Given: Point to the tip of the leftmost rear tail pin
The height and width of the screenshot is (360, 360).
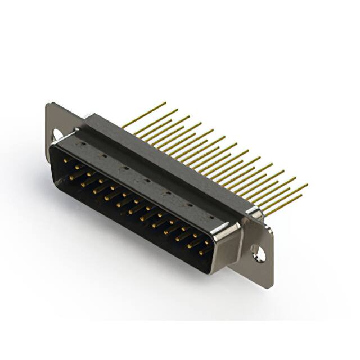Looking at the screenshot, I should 165,103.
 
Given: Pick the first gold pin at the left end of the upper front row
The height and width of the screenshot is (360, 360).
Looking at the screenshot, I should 66,160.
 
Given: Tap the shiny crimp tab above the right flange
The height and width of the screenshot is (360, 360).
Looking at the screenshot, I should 255,213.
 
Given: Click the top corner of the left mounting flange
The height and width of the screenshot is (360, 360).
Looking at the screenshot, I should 49,104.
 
